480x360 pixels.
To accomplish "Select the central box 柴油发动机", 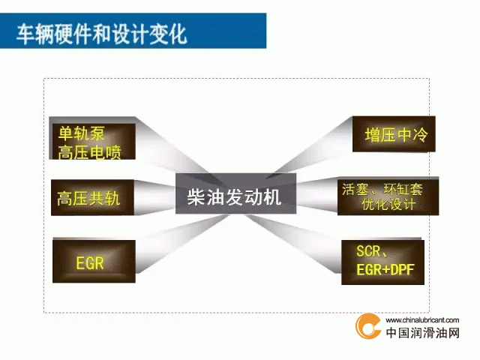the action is click(235, 193).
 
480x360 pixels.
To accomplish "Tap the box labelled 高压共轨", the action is click(92, 198).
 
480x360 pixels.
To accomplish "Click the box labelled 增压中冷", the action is click(394, 134).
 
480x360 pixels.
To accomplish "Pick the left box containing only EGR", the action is click(94, 261).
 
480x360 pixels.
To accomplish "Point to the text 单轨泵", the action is click(82, 133).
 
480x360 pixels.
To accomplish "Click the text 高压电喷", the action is click(90, 152).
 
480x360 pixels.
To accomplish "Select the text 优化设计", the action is click(388, 204).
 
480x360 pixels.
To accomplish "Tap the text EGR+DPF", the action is click(385, 270).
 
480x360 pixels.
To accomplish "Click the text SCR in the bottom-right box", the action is click(368, 251).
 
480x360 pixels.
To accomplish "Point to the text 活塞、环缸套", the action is click(382, 189).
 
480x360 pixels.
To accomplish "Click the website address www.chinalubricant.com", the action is click(422, 320).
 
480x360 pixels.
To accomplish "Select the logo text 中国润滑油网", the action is click(423, 333).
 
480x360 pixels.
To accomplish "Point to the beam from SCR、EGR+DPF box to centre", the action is click(292, 243).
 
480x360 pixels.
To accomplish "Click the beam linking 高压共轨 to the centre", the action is click(154, 197).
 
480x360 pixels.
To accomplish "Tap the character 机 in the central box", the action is click(272, 196).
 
